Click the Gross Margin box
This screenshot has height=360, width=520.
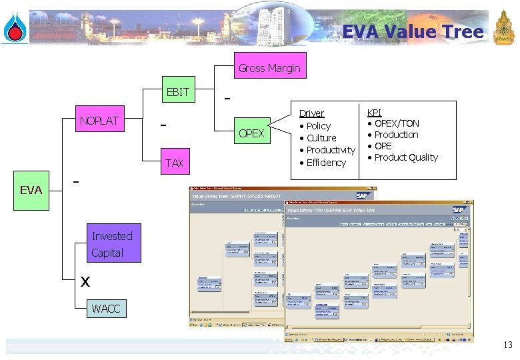click(269, 67)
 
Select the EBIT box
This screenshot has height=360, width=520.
click(177, 92)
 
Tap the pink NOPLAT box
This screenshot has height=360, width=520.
click(99, 121)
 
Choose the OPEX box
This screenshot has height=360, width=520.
click(251, 133)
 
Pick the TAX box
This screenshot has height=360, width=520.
click(174, 163)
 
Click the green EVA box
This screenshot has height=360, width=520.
click(31, 190)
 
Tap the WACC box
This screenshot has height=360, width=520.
click(105, 309)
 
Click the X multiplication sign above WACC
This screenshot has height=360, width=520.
click(85, 282)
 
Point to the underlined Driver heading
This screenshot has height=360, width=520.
click(311, 113)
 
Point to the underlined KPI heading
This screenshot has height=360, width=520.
click(374, 113)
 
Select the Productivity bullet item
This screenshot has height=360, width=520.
click(330, 150)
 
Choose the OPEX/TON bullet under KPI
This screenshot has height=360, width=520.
click(396, 123)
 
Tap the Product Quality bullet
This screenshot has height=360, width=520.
click(405, 157)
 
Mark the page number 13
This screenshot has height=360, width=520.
click(507, 345)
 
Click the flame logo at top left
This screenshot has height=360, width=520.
click(13, 28)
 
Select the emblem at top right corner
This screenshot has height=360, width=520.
click(503, 28)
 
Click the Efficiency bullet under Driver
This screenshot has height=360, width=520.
click(325, 163)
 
